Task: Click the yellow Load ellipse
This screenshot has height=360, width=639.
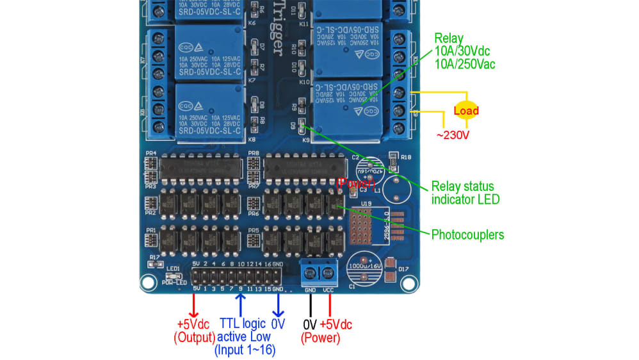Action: (x=466, y=110)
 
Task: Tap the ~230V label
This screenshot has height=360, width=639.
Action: (x=453, y=135)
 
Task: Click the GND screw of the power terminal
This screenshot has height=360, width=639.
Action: (x=311, y=274)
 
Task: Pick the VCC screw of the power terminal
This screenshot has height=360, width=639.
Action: (x=329, y=274)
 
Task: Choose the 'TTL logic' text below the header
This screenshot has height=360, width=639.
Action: (x=244, y=323)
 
